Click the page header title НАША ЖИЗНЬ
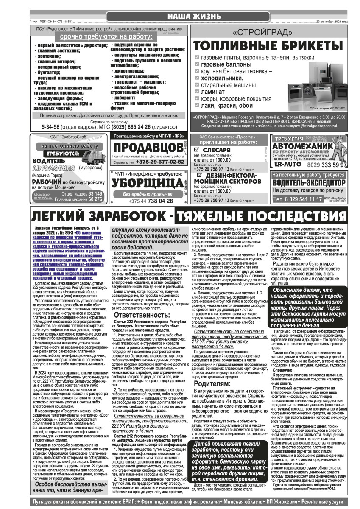[x=194, y=17]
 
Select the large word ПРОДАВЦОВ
[x=145, y=148]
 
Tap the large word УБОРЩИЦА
[x=144, y=182]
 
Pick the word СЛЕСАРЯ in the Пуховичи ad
[x=217, y=150]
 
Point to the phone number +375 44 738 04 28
[x=145, y=201]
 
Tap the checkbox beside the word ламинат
[x=196, y=91]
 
